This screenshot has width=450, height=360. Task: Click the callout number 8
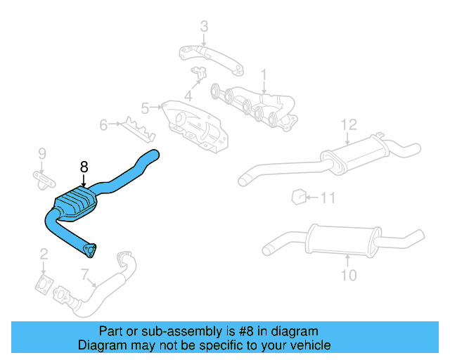pos(84,167)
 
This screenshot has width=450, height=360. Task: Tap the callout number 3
pos(204,27)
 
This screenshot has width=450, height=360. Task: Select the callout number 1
pos(264,74)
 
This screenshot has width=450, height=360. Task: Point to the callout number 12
pos(349,124)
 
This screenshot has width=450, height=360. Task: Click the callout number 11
pos(328,198)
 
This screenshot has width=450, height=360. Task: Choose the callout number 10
pos(349,275)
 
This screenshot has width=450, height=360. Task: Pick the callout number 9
pos(41,153)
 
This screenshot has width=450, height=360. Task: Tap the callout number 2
pos(44,254)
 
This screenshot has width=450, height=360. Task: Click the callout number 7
pos(85,274)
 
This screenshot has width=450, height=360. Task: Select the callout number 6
pos(103,125)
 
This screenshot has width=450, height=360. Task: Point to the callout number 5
pos(145,108)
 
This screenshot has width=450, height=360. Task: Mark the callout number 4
pos(188,96)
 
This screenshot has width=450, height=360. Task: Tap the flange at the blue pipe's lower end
pos(89,247)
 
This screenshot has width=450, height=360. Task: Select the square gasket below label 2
pos(44,285)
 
